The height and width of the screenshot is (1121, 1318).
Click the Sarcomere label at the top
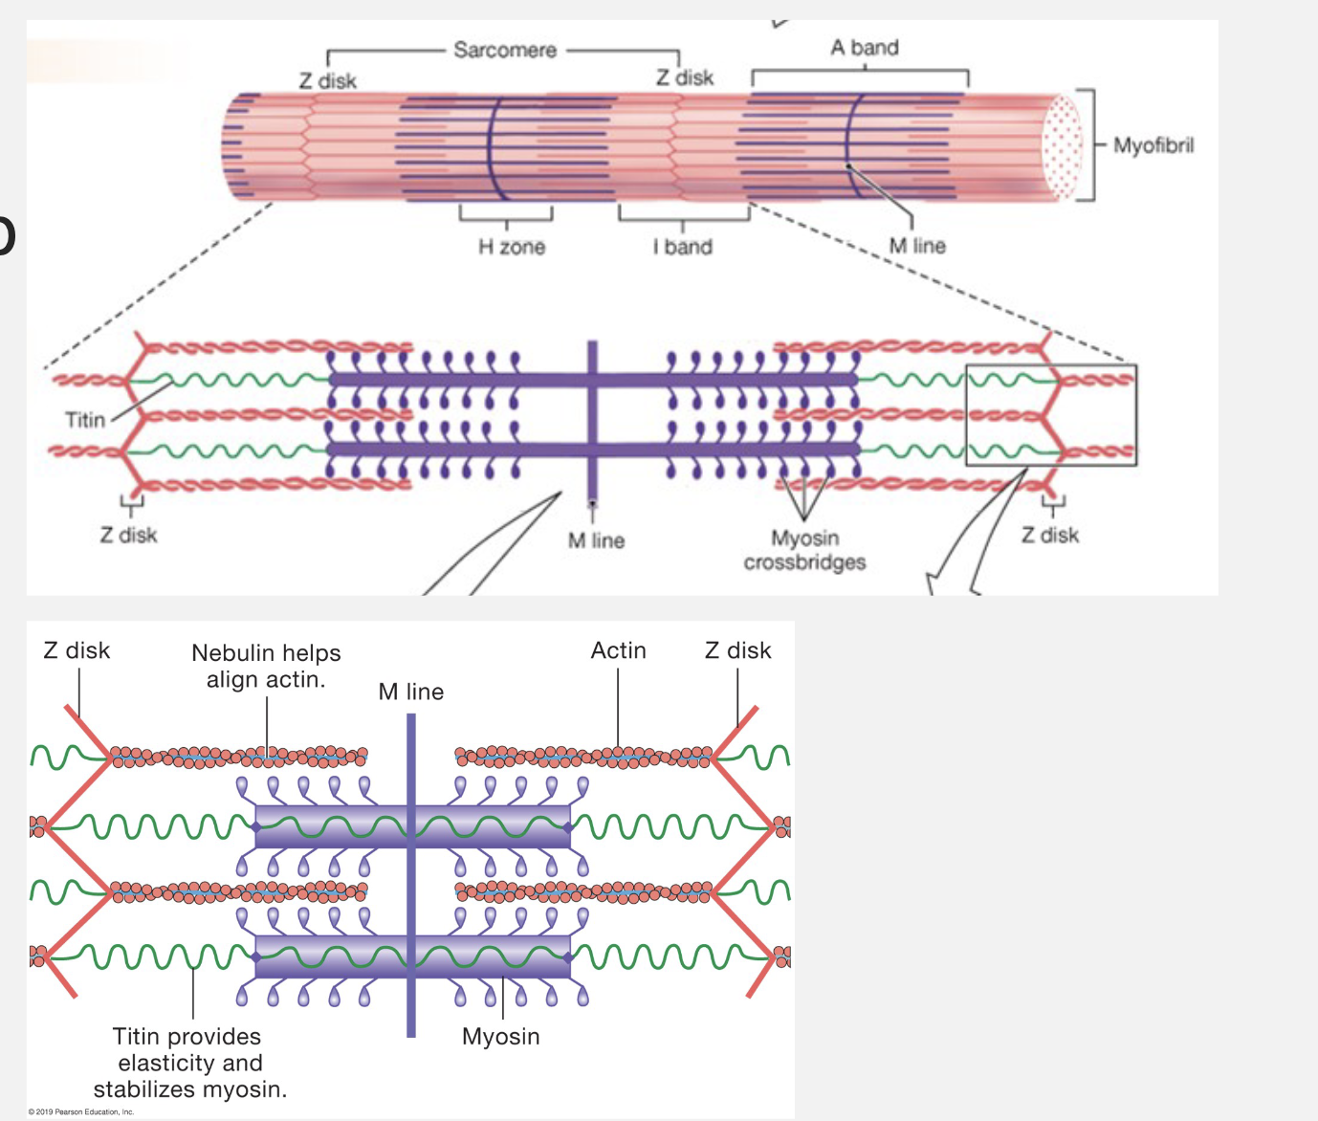(x=504, y=50)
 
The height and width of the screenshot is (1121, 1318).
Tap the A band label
(x=864, y=47)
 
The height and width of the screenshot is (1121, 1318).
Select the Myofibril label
(x=1153, y=145)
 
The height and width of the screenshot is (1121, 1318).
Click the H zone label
(x=511, y=247)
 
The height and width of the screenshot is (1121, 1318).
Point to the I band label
(x=683, y=247)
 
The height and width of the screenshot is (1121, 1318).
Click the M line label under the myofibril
(x=916, y=246)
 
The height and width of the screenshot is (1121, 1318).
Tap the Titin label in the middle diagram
(x=84, y=419)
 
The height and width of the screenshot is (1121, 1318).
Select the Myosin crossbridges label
(x=804, y=550)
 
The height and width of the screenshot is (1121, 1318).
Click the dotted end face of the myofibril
(x=1062, y=148)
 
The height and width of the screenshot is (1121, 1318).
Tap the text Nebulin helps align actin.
(x=266, y=666)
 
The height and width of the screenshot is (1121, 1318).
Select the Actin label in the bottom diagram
(x=618, y=650)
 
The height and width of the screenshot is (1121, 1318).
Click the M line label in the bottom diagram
(x=410, y=692)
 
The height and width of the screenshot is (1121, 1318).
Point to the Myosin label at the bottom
(x=500, y=1036)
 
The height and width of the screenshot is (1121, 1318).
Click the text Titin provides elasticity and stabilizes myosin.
(x=189, y=1063)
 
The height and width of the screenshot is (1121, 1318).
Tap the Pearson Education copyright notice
(x=81, y=1111)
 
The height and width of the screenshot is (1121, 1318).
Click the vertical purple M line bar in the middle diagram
(x=592, y=421)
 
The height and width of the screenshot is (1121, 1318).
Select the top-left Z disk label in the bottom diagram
(x=77, y=650)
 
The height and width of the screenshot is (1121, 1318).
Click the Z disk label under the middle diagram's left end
(x=128, y=535)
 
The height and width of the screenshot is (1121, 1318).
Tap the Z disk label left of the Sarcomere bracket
(x=327, y=81)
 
